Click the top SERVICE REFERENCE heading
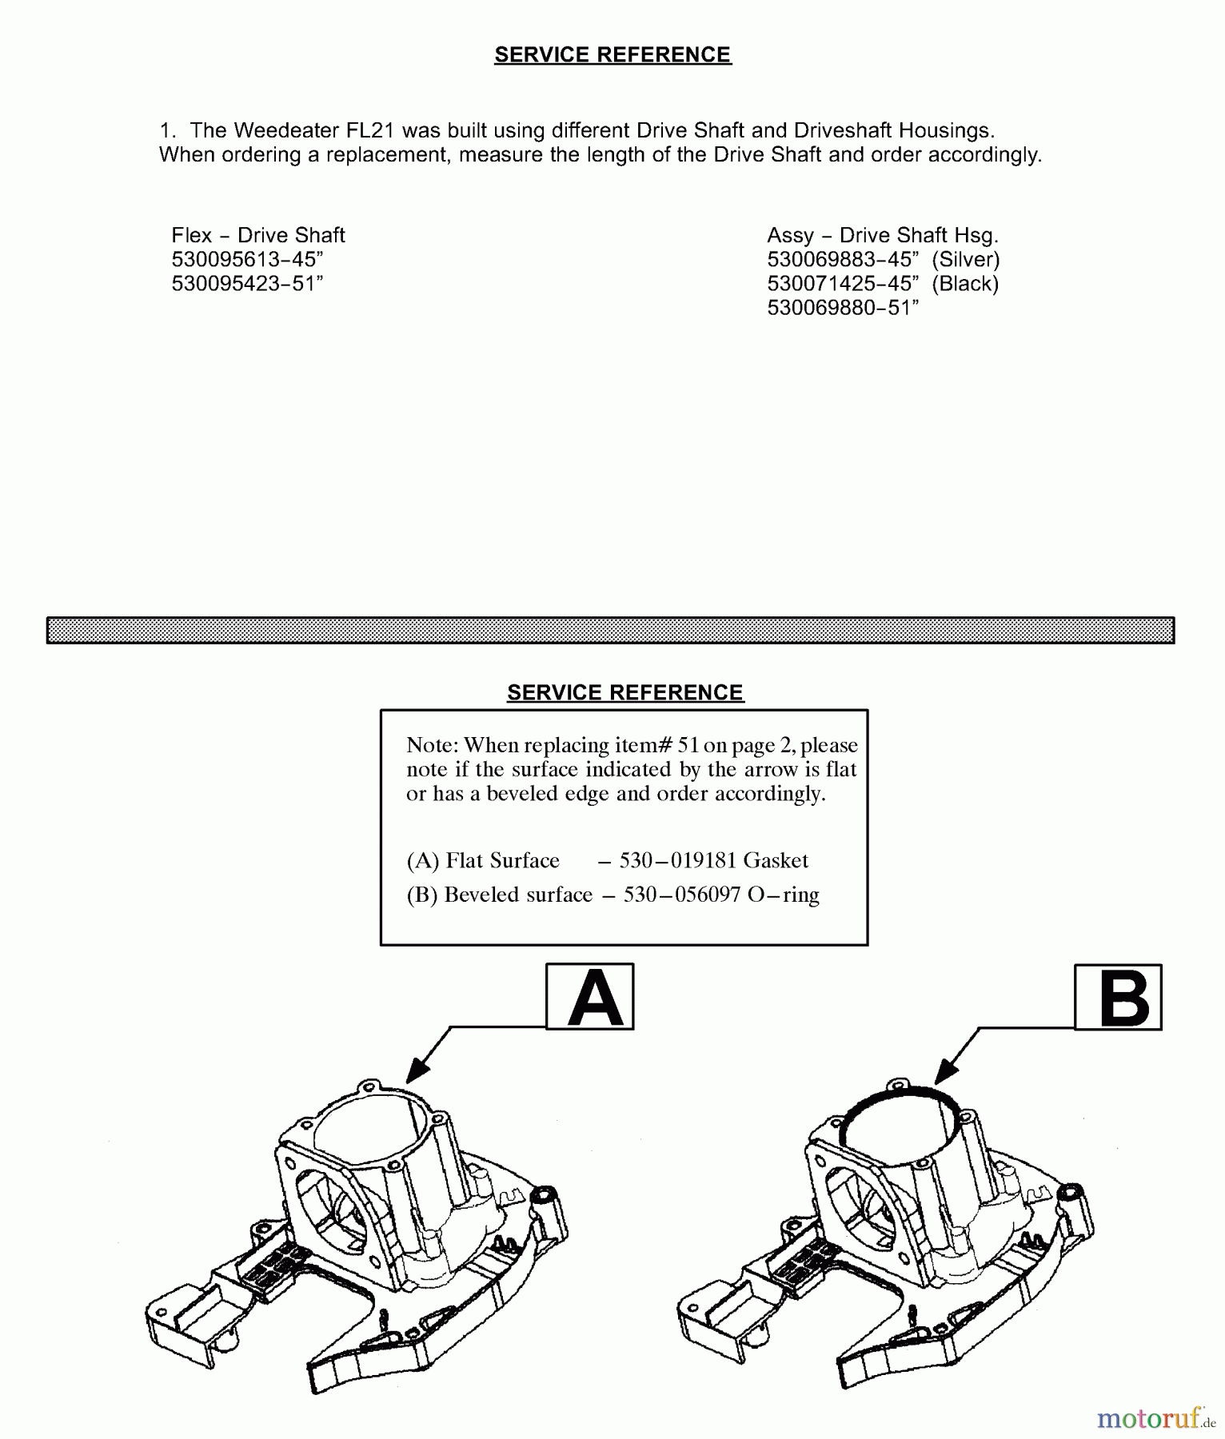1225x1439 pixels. point(612,54)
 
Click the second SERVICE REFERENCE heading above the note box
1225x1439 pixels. point(625,692)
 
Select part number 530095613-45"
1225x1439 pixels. point(247,259)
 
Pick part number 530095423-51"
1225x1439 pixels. point(247,283)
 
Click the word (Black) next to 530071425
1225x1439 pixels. point(965,283)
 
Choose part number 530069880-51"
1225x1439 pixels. point(843,308)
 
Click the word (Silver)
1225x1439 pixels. point(966,259)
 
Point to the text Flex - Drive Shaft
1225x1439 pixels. point(258,235)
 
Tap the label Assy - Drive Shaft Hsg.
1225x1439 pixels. point(883,235)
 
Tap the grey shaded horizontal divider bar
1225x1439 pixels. point(610,630)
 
